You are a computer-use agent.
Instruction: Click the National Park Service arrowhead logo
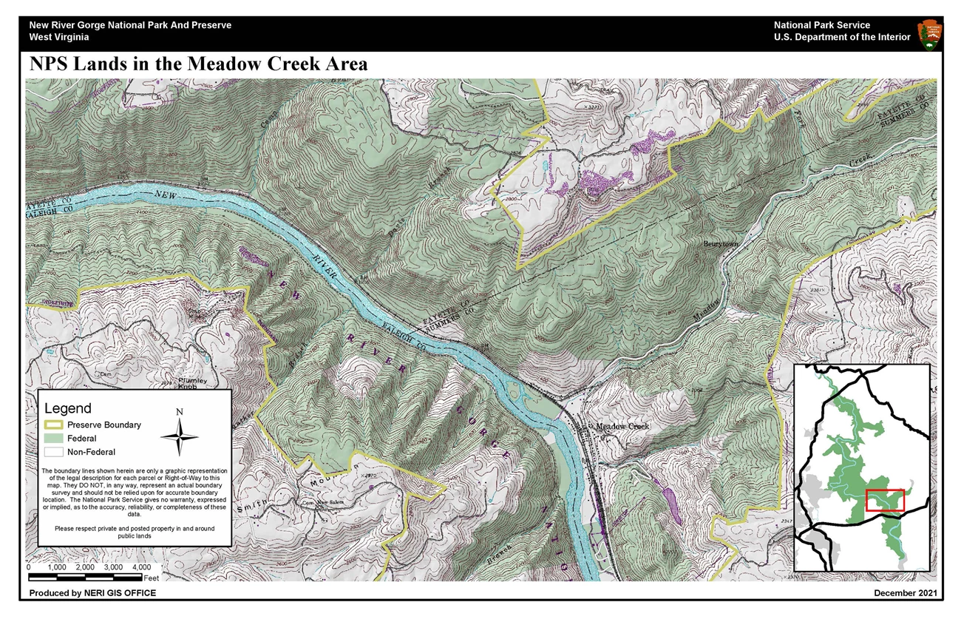pyautogui.click(x=929, y=33)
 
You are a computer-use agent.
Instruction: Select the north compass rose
pyautogui.click(x=179, y=436)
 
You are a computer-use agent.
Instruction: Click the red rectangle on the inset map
pyautogui.click(x=885, y=500)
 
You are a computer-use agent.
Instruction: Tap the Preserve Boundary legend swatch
pyautogui.click(x=55, y=425)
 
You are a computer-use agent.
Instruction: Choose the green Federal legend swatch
pyautogui.click(x=55, y=439)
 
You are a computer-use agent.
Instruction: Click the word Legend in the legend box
pyautogui.click(x=68, y=408)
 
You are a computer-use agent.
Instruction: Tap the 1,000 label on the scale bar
pyautogui.click(x=57, y=567)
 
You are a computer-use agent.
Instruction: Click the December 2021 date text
pyautogui.click(x=905, y=593)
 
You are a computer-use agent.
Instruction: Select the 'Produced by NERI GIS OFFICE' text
pyautogui.click(x=92, y=593)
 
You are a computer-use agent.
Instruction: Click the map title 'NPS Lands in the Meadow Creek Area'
pyautogui.click(x=198, y=64)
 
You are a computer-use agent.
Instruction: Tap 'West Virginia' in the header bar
pyautogui.click(x=59, y=37)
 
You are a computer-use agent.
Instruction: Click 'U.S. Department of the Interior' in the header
pyautogui.click(x=842, y=37)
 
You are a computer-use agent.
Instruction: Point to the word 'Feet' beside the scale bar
pyautogui.click(x=152, y=577)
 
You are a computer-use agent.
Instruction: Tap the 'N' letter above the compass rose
pyautogui.click(x=179, y=412)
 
